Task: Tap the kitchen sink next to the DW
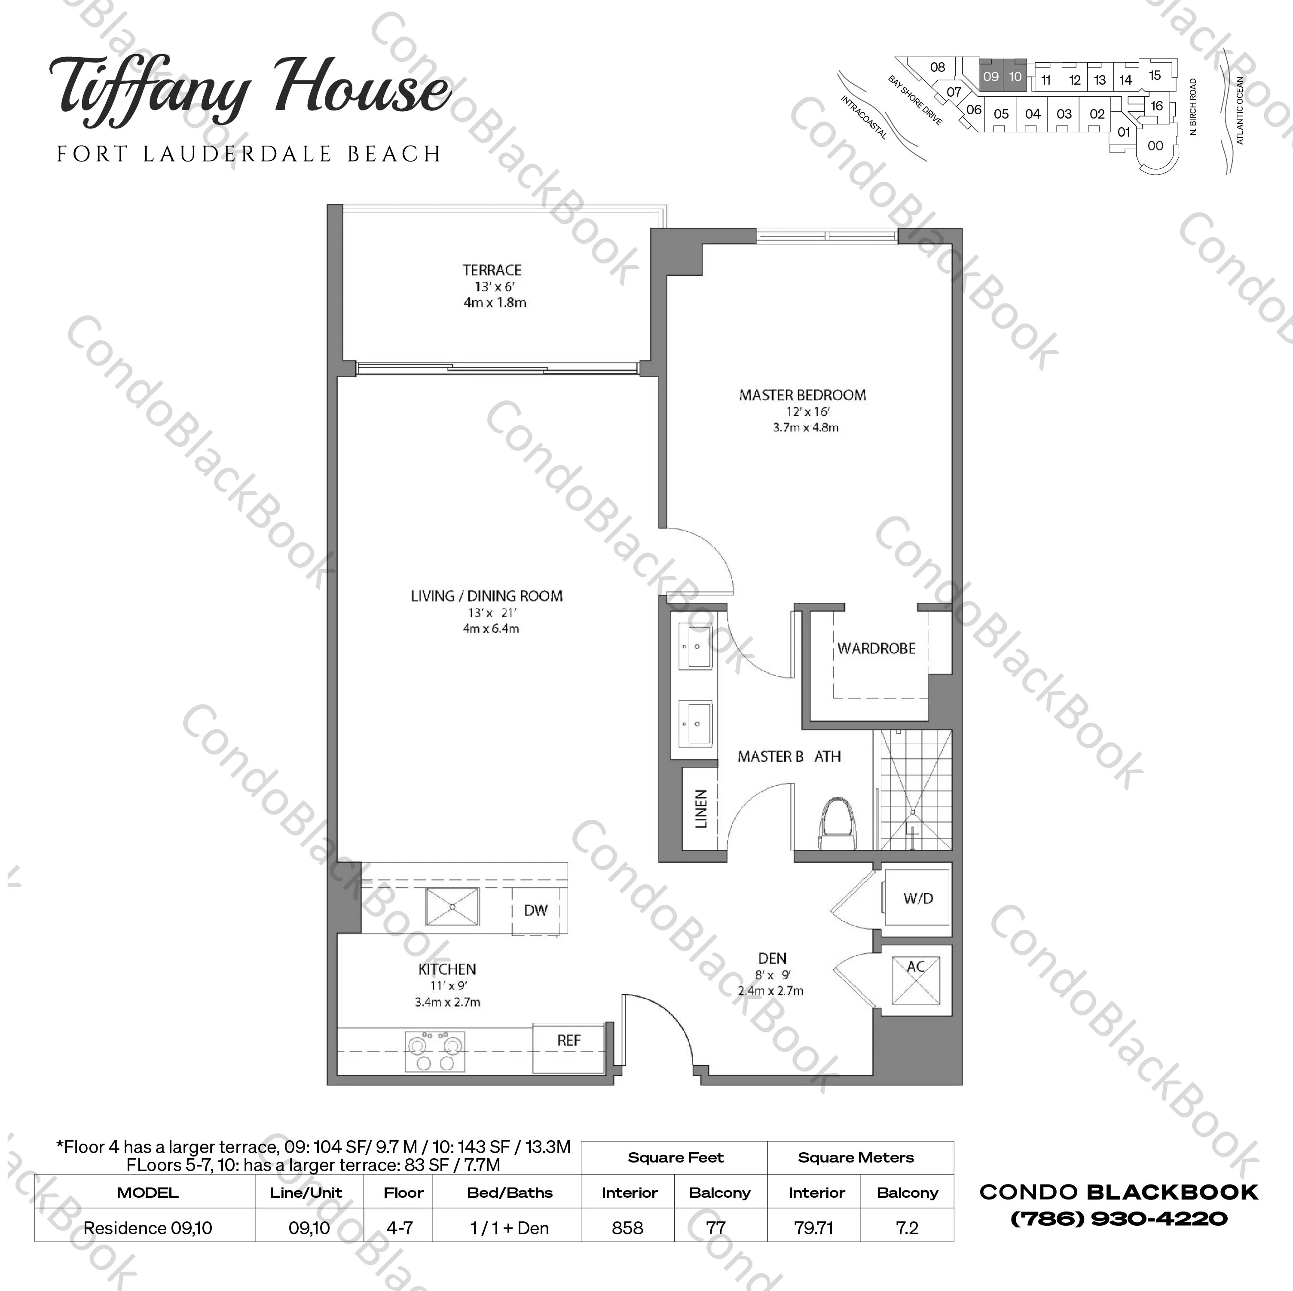click(x=452, y=907)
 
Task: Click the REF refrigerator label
click(x=569, y=1040)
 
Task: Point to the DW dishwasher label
click(x=535, y=910)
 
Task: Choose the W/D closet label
click(x=917, y=899)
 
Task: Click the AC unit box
click(x=916, y=980)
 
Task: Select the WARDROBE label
click(x=876, y=649)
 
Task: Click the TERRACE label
click(x=492, y=270)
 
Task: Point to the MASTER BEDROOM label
click(x=802, y=396)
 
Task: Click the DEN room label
click(x=772, y=958)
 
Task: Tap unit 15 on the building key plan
click(x=1155, y=76)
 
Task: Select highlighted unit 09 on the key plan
click(x=990, y=76)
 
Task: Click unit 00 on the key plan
click(x=1155, y=146)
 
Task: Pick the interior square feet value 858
click(x=628, y=1228)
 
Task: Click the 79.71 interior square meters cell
click(x=814, y=1228)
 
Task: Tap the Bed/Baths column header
click(x=510, y=1193)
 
